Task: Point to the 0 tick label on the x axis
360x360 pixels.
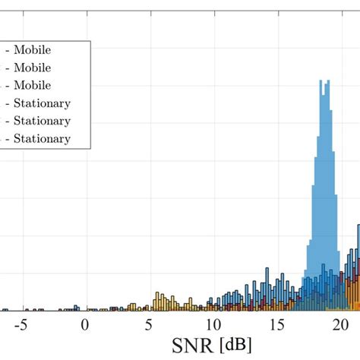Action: pyautogui.click(x=85, y=325)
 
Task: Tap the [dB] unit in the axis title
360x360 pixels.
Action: pyautogui.click(x=235, y=346)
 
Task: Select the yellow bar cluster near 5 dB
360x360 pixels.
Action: pyautogui.click(x=160, y=301)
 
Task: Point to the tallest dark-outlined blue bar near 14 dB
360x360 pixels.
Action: pyautogui.click(x=267, y=272)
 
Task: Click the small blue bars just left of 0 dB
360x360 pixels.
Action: pyautogui.click(x=75, y=308)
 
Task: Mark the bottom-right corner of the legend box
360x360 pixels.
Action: pyautogui.click(x=90, y=148)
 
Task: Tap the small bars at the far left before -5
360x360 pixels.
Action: pyautogui.click(x=5, y=309)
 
